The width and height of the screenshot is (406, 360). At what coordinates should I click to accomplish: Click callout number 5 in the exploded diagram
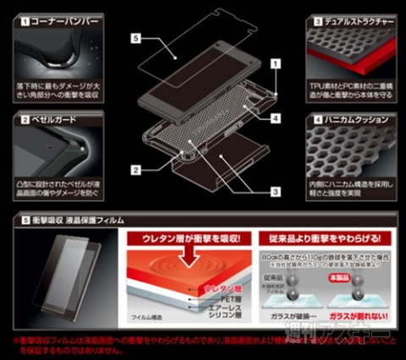point(135,38)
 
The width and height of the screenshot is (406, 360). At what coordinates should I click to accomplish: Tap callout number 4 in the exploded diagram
point(276,118)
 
